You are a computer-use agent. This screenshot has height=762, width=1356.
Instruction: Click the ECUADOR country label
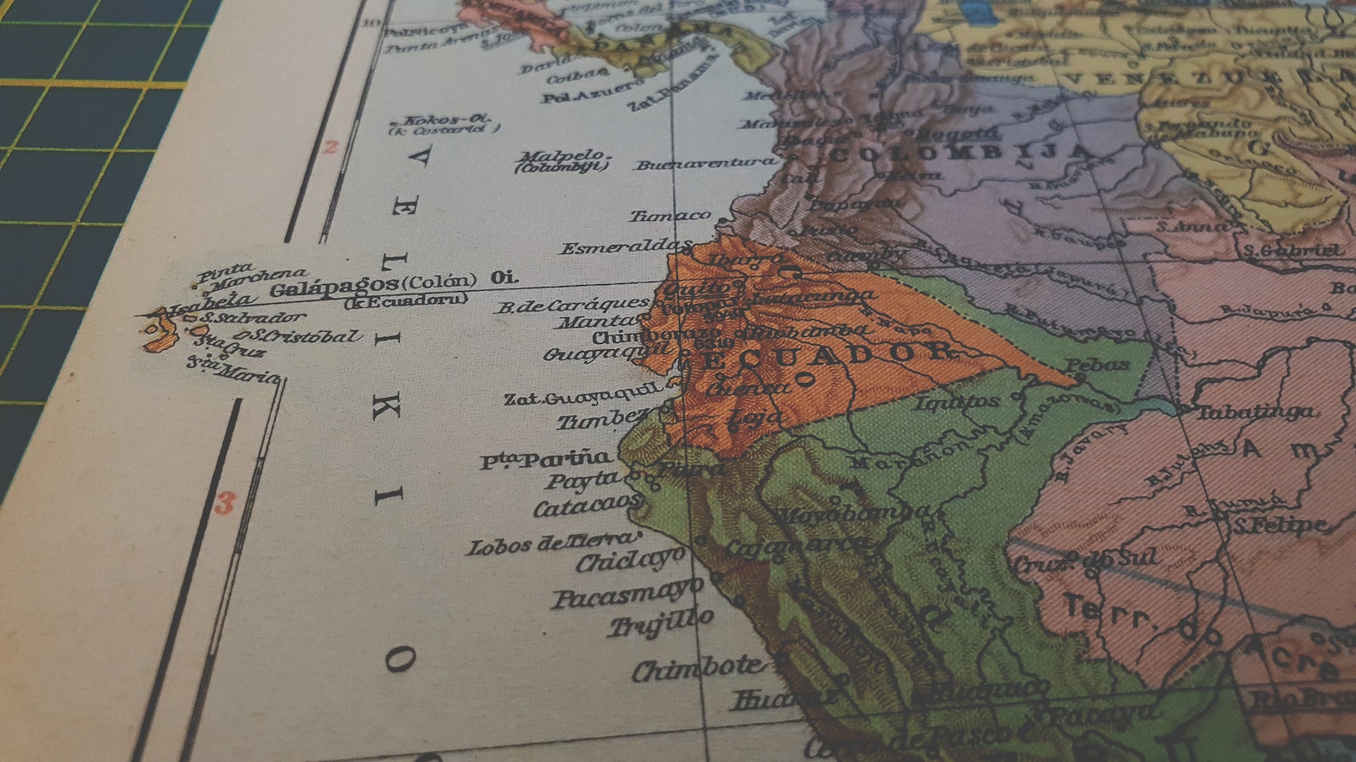tap(824, 354)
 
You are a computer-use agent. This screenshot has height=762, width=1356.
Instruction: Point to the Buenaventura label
tap(705, 163)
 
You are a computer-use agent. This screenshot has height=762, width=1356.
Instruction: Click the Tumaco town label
tap(669, 217)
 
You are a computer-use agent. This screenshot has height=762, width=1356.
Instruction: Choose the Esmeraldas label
tap(625, 248)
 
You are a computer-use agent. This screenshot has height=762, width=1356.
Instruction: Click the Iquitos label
tap(956, 402)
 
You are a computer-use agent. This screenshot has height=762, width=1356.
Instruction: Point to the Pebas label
tap(1096, 365)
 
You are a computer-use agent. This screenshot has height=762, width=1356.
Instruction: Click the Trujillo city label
tap(660, 623)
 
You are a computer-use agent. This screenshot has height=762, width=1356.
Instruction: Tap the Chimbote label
tap(697, 669)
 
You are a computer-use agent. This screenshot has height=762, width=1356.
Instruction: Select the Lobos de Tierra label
tap(552, 544)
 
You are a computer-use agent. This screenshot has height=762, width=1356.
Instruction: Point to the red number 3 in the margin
tap(224, 503)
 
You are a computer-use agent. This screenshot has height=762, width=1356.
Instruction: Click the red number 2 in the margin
tap(330, 147)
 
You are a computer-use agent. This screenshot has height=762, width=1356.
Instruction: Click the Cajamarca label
tap(794, 545)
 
